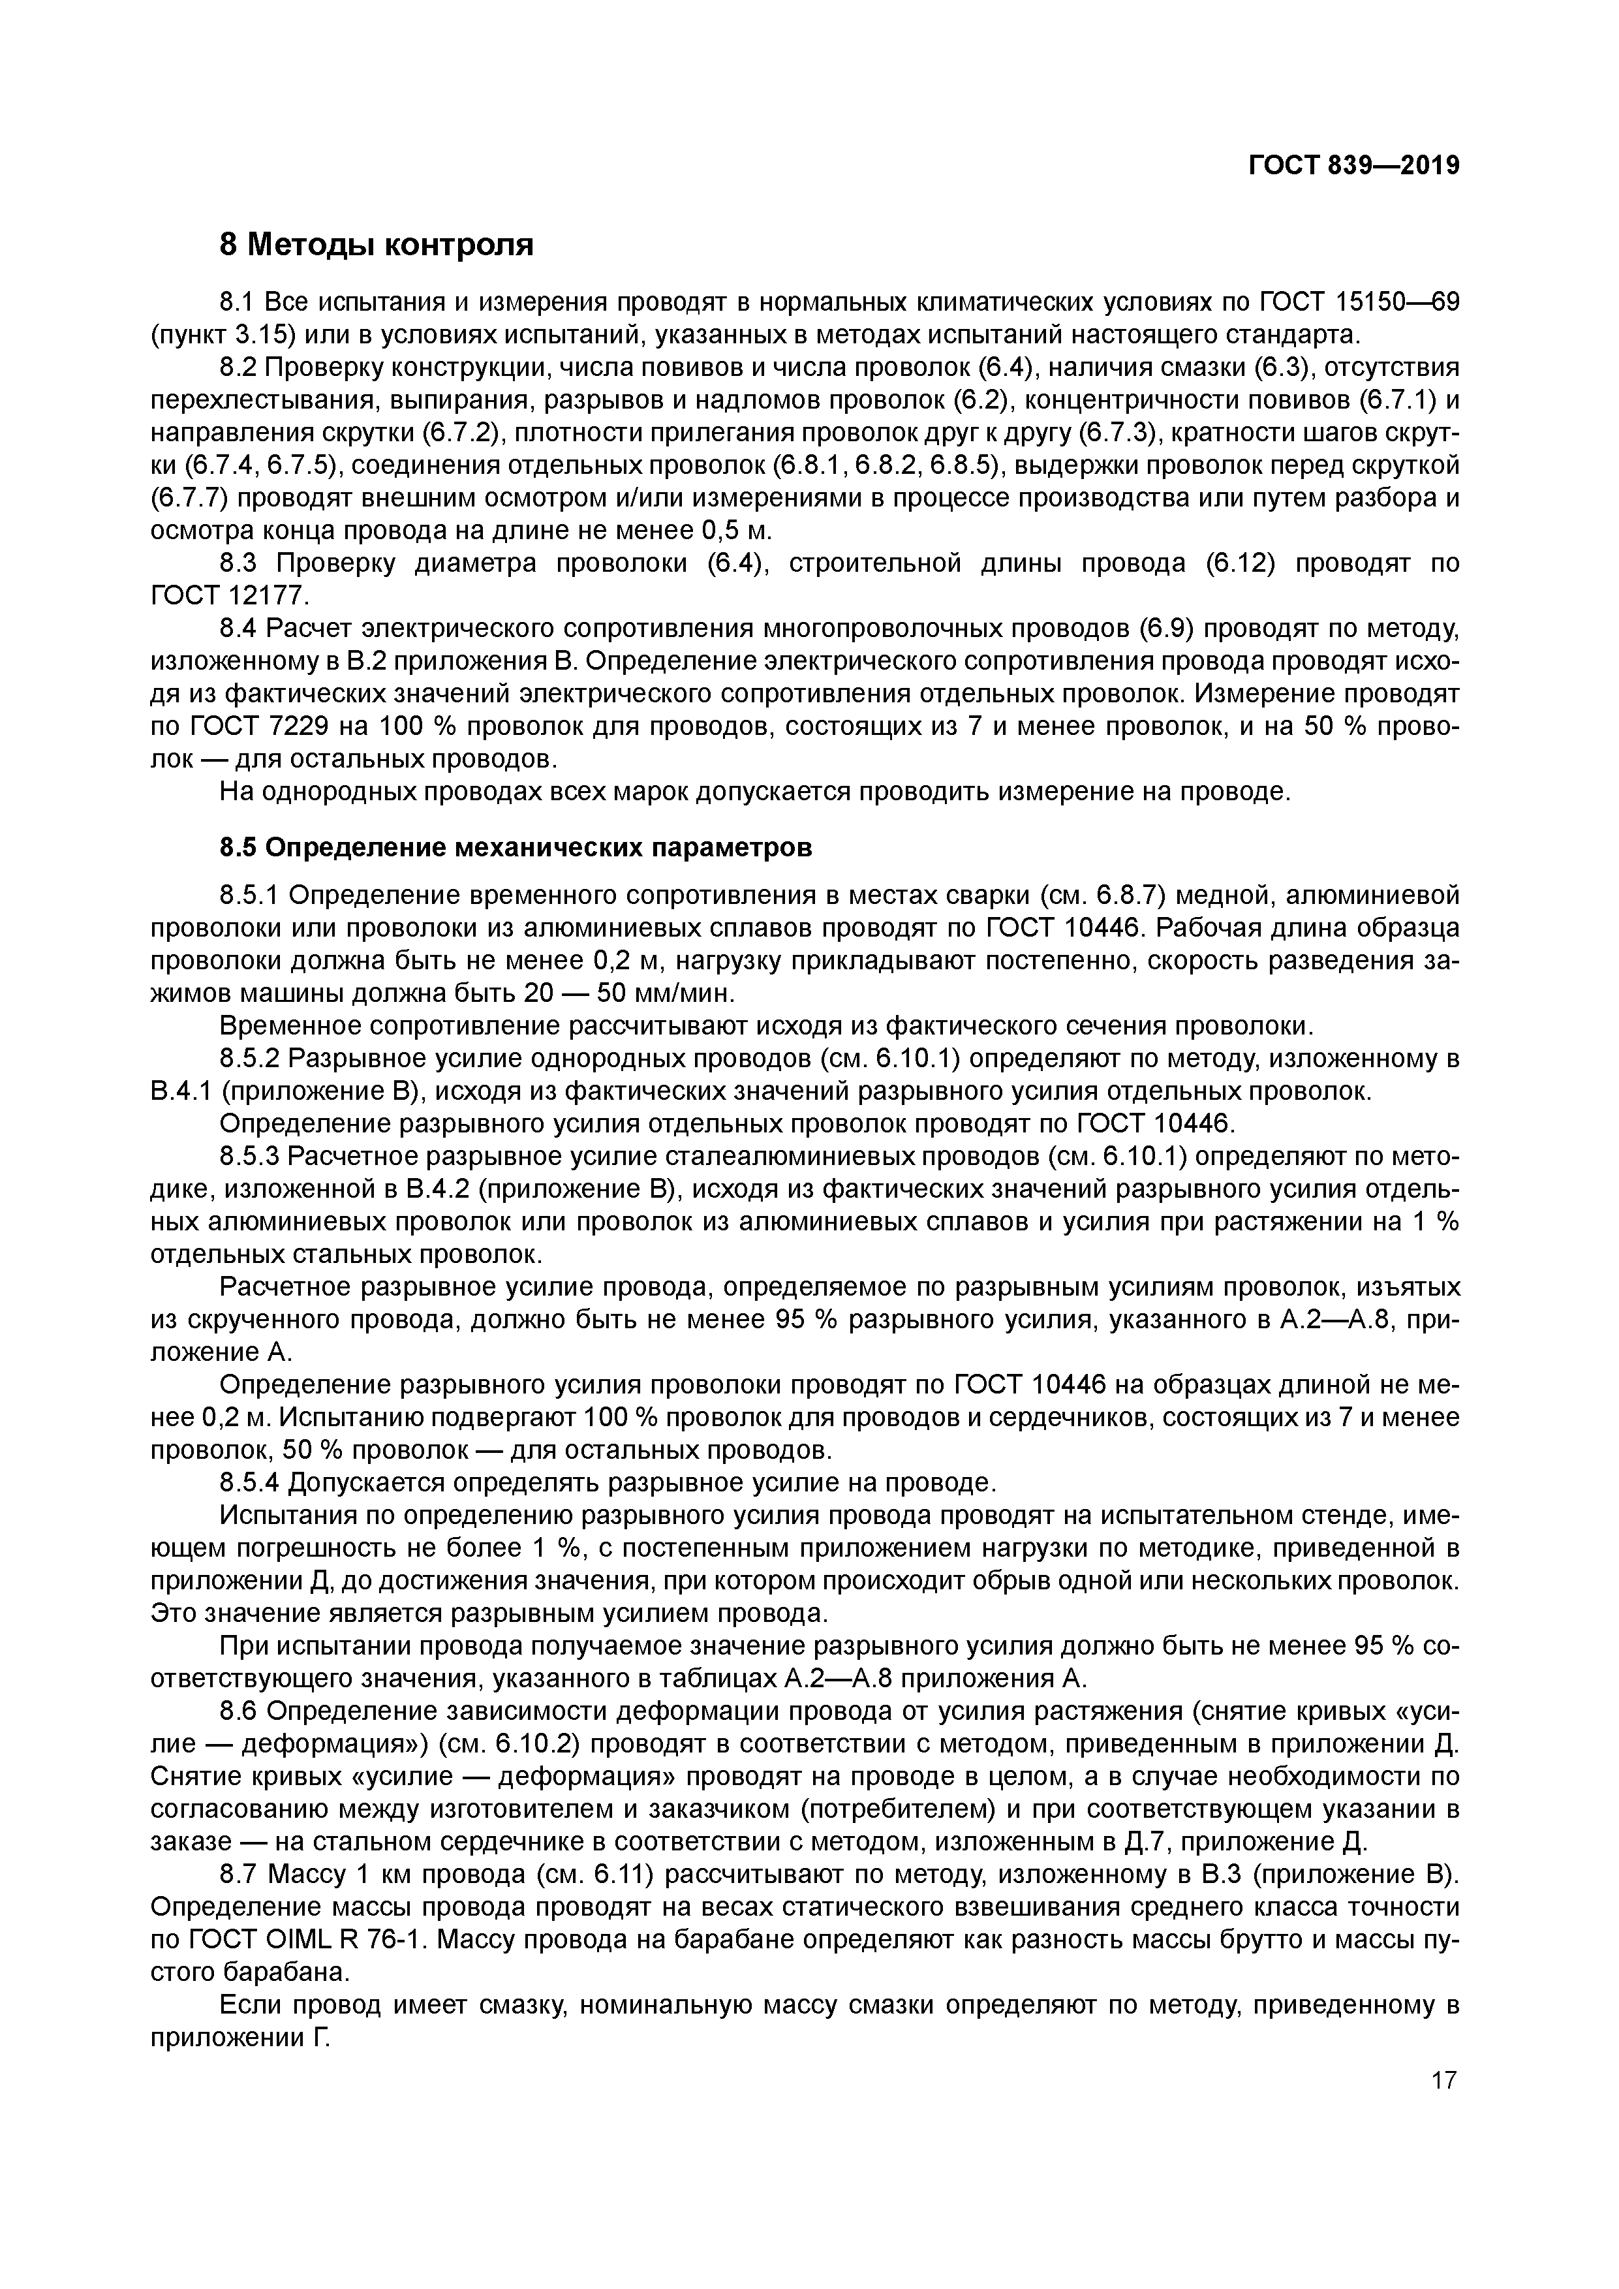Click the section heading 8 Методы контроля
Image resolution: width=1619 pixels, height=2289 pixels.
click(376, 244)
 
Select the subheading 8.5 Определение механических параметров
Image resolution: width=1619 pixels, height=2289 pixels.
click(516, 847)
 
